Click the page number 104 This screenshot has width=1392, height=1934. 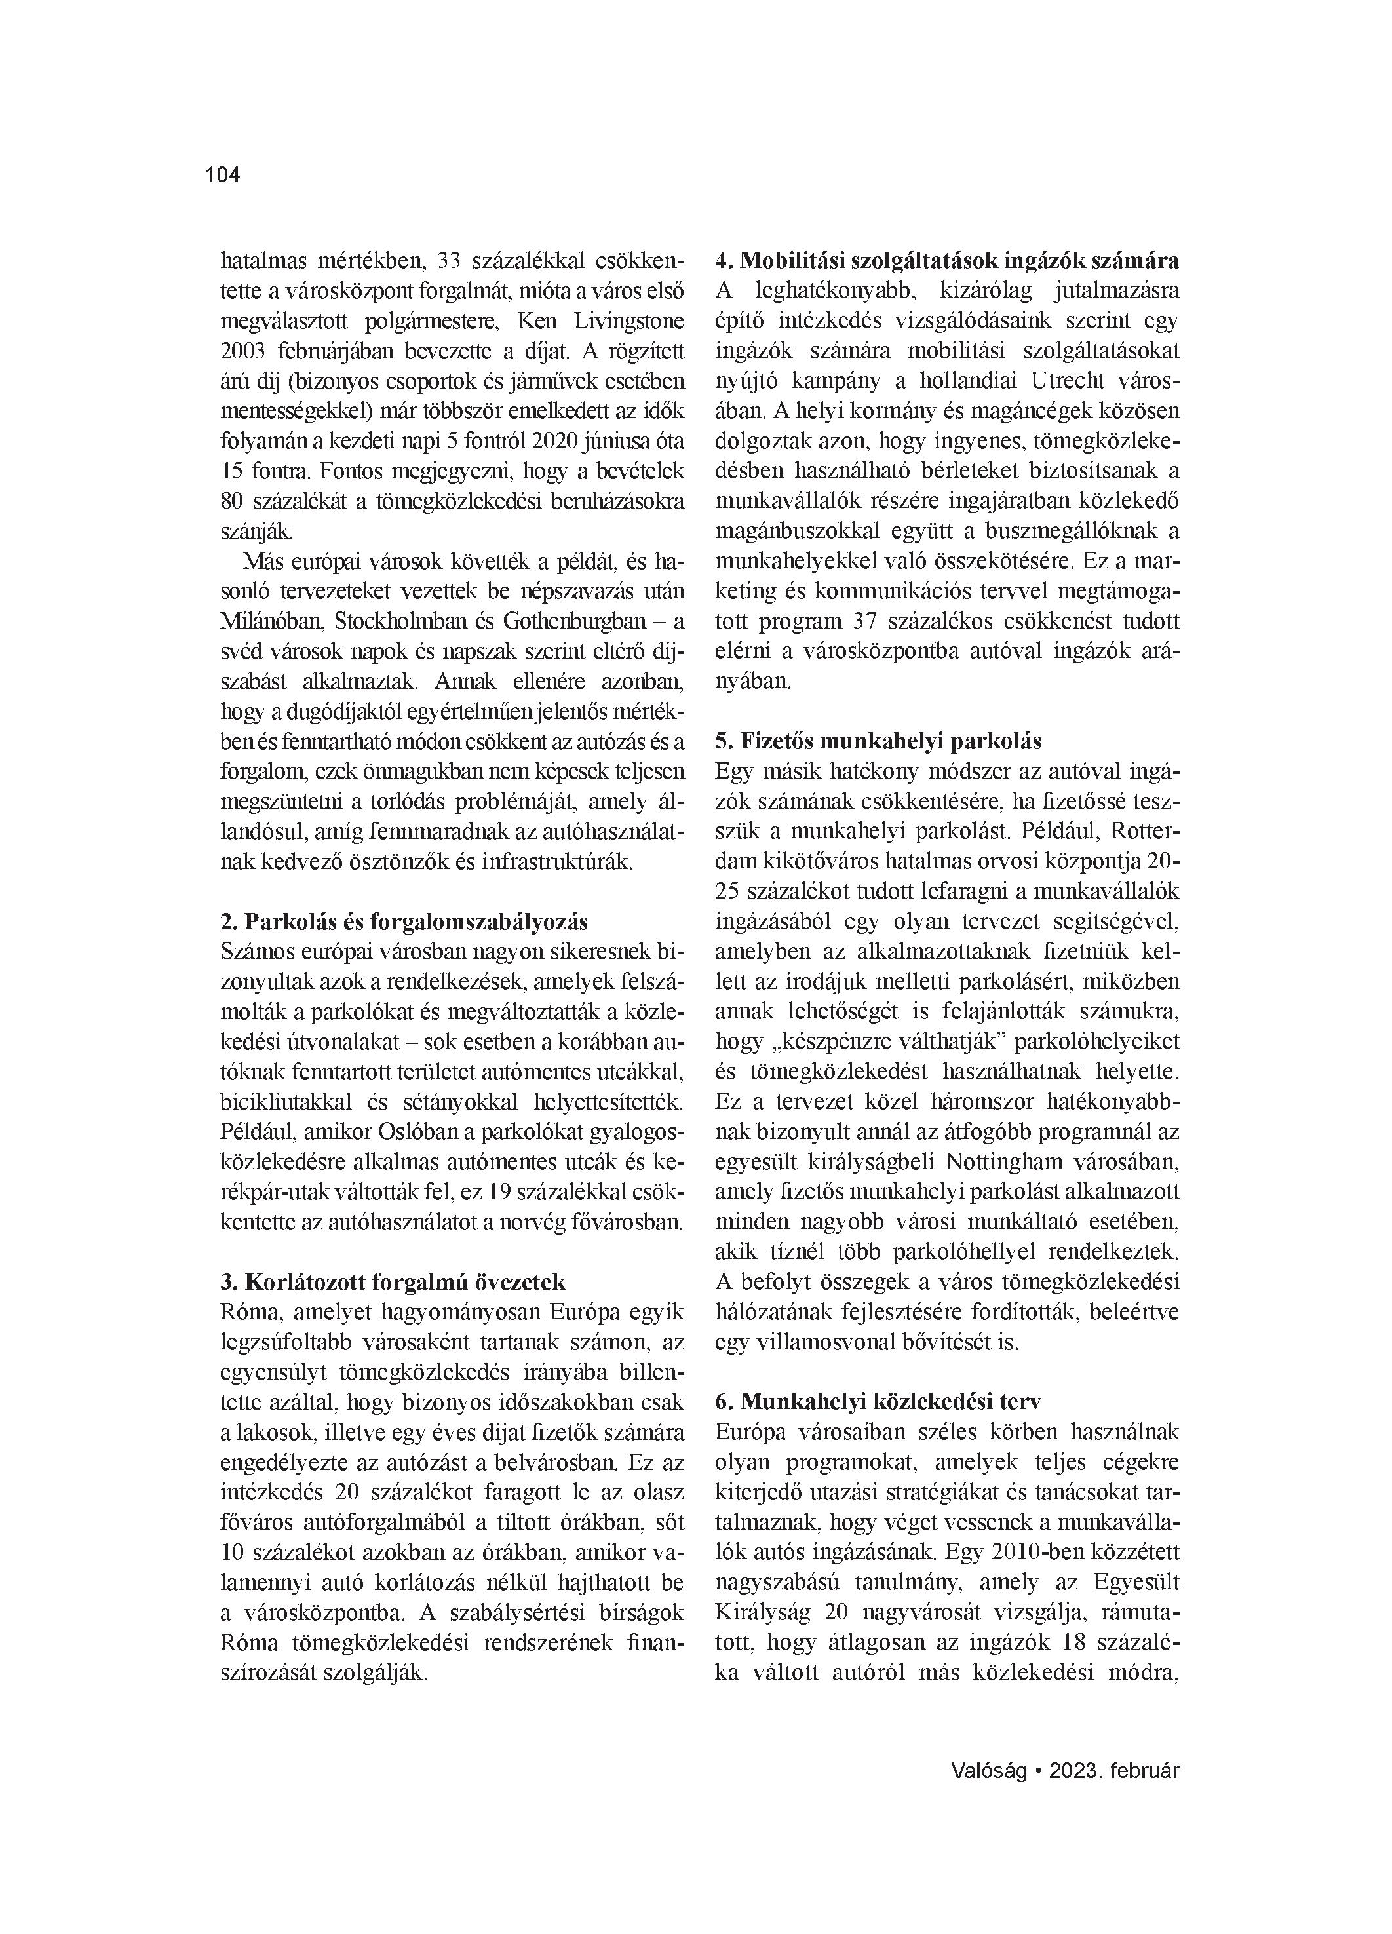click(x=223, y=176)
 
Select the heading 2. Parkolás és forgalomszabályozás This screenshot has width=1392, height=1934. click(x=404, y=922)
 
